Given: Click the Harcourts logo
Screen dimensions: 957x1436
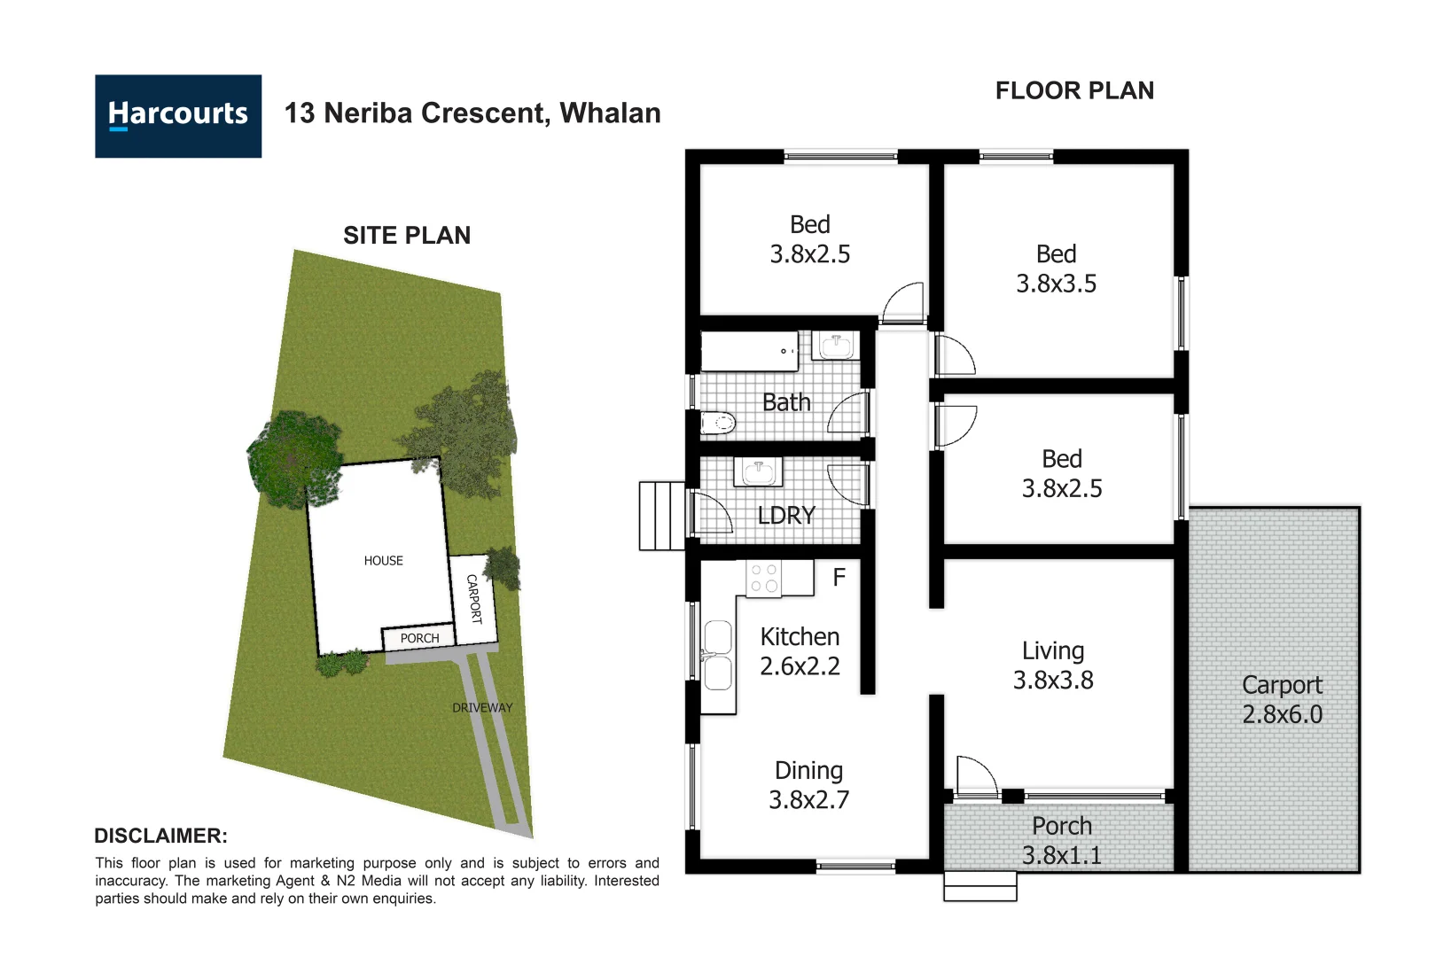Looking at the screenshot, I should click(178, 116).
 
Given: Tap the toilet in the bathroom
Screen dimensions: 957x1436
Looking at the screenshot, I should click(718, 423).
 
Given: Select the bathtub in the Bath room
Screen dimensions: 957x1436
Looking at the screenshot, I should click(749, 351).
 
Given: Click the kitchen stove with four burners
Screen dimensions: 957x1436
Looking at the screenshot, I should click(764, 578).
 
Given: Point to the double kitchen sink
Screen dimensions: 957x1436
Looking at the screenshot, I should click(718, 656).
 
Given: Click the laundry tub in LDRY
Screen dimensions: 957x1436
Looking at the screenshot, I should click(758, 471).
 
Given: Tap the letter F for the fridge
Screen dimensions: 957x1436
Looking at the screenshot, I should click(839, 578).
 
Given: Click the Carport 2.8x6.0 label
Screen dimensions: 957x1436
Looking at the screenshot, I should click(1282, 699).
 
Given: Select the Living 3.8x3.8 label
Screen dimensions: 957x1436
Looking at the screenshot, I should click(1053, 665).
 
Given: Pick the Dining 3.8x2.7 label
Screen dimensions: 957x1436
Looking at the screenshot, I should click(808, 785).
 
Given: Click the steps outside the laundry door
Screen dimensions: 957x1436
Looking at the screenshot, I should click(661, 516).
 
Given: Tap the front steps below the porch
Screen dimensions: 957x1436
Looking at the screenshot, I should click(979, 886).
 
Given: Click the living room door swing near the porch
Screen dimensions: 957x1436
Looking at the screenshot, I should click(977, 778).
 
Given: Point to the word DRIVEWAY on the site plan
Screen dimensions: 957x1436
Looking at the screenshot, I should click(482, 708).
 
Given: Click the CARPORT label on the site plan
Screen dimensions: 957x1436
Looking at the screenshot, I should click(474, 599).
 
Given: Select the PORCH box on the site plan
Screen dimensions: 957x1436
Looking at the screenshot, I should click(418, 638).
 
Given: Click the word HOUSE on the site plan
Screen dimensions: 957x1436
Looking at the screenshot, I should click(383, 561).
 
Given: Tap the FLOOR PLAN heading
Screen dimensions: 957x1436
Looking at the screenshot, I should click(1074, 91).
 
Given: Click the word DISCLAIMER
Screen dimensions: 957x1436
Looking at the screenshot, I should click(160, 836).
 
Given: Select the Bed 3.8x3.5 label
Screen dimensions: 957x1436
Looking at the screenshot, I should click(1056, 268).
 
